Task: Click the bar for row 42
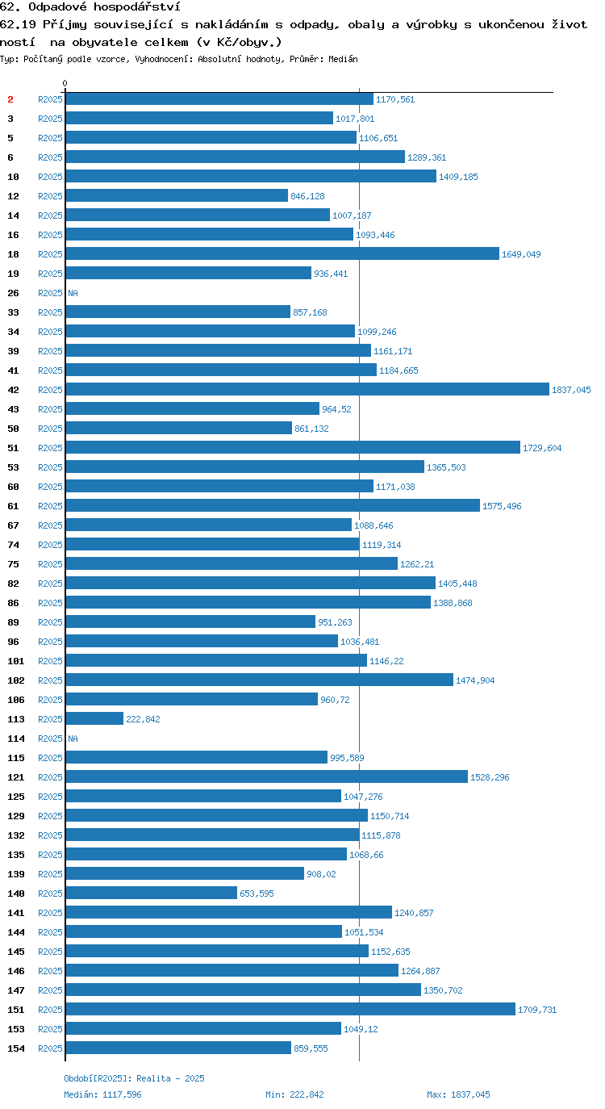(307, 389)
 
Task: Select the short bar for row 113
(94, 718)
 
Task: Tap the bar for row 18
(282, 253)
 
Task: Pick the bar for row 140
(152, 893)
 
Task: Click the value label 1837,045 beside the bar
(571, 390)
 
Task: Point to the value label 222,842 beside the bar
(143, 719)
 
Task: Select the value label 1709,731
(537, 1010)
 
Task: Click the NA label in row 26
(73, 293)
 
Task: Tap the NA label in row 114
(73, 739)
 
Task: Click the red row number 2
(10, 99)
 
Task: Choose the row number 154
(16, 1048)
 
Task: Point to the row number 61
(14, 506)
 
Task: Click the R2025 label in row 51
(51, 448)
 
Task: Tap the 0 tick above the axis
(65, 83)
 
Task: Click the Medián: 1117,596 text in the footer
(103, 1094)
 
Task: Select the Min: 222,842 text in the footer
(294, 1094)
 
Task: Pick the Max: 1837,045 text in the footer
(458, 1094)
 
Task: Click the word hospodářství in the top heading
(137, 7)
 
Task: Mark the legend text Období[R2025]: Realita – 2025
(134, 1078)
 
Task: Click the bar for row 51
(293, 447)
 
